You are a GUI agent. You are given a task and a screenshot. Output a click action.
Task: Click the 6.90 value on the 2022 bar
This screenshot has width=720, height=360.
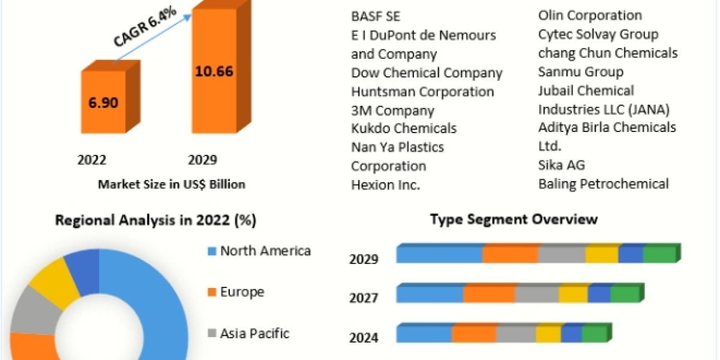103,101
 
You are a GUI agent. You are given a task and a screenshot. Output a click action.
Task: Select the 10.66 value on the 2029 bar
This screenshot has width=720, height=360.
214,71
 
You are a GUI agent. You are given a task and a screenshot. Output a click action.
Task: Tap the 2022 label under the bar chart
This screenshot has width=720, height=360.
92,160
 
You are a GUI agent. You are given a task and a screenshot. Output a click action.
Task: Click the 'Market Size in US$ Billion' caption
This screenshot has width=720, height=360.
172,184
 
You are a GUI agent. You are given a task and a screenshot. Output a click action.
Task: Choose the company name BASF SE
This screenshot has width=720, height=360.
376,16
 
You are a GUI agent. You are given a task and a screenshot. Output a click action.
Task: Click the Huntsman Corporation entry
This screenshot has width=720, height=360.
422,92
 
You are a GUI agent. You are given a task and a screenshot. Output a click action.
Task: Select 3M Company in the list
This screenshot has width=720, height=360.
392,110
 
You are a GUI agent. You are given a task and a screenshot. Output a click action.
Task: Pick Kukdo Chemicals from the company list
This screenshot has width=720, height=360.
404,128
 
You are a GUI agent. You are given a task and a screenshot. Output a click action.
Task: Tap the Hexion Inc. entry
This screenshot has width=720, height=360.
385,185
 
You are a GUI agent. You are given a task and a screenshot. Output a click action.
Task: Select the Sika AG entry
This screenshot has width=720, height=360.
562,165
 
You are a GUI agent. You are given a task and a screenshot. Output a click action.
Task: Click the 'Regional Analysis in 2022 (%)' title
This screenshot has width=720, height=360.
155,220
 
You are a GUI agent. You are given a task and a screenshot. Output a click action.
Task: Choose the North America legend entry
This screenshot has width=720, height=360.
265,251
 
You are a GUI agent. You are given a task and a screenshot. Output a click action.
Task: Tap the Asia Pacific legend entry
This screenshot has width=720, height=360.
254,333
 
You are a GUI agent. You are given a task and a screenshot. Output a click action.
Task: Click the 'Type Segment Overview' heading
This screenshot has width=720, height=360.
514,219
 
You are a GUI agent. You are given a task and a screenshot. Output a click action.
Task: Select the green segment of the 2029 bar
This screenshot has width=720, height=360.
659,255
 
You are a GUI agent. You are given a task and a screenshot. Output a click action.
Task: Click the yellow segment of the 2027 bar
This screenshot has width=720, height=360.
573,295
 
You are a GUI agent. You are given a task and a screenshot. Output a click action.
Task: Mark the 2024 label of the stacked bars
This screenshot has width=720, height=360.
364,338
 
